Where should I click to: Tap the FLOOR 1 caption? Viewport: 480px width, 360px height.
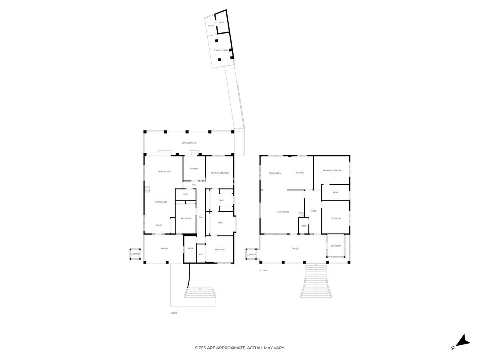click(174, 313)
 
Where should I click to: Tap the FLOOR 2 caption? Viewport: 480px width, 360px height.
click(263, 270)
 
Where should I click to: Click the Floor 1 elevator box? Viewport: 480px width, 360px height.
click(135, 254)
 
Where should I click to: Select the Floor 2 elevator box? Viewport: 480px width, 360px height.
click(251, 254)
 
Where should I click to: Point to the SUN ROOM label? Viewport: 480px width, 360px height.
click(336, 246)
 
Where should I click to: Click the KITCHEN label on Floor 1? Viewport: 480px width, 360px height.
click(194, 169)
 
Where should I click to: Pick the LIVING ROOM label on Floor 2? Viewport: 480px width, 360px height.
click(283, 212)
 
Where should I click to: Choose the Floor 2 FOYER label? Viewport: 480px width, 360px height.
click(314, 211)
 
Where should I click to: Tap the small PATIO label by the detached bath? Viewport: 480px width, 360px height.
click(211, 26)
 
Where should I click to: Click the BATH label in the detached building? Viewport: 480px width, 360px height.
click(222, 23)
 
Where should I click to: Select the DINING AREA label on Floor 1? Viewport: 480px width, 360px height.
click(161, 202)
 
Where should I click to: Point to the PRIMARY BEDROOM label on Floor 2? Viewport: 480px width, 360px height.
click(332, 170)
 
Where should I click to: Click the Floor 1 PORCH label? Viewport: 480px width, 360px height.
click(164, 249)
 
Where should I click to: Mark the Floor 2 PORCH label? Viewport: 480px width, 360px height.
click(295, 249)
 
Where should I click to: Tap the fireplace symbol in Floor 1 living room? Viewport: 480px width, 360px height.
click(148, 188)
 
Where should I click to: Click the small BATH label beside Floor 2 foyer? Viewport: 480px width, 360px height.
click(304, 226)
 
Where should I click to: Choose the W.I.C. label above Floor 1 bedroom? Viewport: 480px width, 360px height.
click(186, 194)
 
